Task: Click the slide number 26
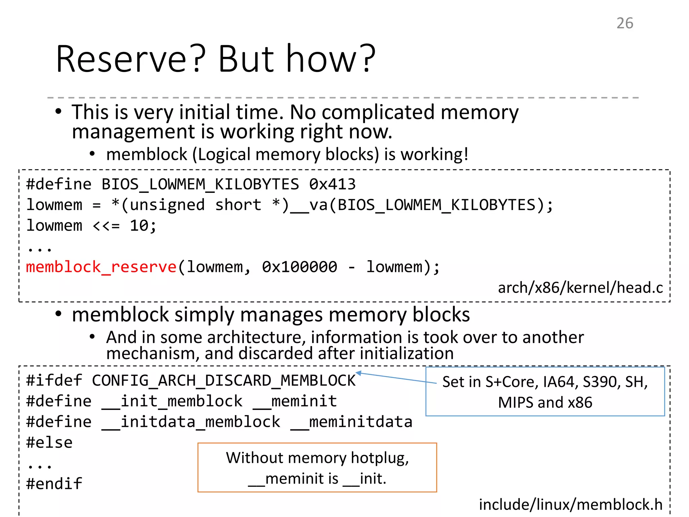click(x=625, y=23)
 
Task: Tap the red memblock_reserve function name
click(x=101, y=267)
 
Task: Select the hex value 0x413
click(x=332, y=184)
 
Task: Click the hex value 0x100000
click(x=299, y=267)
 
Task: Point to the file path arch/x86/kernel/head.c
click(x=580, y=288)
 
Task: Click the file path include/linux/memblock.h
click(x=571, y=505)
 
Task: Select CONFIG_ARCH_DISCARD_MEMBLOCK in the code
click(x=224, y=381)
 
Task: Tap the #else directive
click(x=49, y=443)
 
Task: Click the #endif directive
click(x=54, y=484)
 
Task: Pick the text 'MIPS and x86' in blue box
click(x=545, y=403)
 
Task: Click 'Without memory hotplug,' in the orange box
click(x=317, y=458)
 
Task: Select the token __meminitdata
click(x=352, y=422)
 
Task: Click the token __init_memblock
click(x=172, y=401)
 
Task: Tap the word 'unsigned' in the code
click(x=167, y=205)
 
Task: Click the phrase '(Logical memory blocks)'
click(x=286, y=154)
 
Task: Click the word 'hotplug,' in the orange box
click(x=380, y=458)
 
